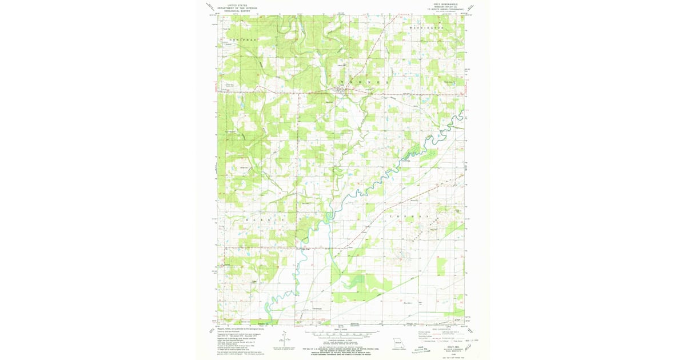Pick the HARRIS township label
[x=272, y=219]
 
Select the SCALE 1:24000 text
[x=341, y=330]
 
